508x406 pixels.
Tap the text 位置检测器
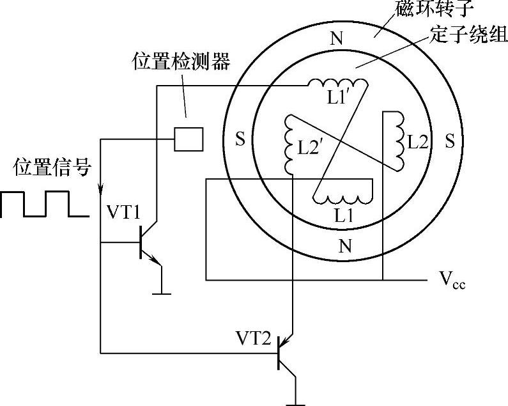click(x=180, y=61)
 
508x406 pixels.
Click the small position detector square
click(x=189, y=138)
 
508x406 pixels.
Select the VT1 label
click(x=123, y=214)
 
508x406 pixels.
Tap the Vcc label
click(x=452, y=279)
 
